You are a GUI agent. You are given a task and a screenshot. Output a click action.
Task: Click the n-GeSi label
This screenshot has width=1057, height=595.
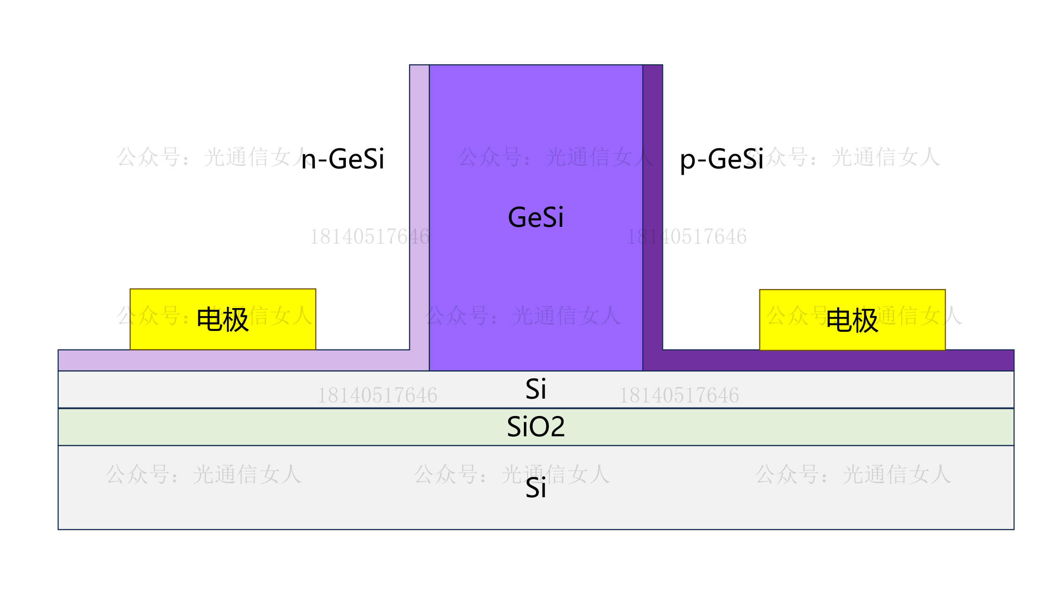click(342, 160)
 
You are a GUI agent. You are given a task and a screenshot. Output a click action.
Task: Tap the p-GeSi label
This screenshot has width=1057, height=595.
click(721, 160)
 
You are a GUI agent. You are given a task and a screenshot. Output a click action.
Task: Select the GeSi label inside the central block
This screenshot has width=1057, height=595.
click(536, 218)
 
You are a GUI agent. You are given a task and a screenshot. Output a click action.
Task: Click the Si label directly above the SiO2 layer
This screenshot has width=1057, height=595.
click(536, 389)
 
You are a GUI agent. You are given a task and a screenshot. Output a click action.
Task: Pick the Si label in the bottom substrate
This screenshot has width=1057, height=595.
click(536, 488)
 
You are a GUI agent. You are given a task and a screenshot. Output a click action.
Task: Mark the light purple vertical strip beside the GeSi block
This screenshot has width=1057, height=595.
click(419, 127)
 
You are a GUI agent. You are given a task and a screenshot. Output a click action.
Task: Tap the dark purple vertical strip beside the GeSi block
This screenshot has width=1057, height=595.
click(652, 127)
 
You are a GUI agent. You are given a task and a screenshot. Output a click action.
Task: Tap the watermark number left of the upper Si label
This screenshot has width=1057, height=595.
click(377, 396)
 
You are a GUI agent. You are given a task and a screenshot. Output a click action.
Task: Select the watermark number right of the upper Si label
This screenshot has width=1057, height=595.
click(679, 396)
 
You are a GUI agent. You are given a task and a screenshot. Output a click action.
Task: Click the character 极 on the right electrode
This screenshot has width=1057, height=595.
click(865, 320)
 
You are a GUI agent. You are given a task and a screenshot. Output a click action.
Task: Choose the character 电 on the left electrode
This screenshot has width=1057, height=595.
click(209, 319)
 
